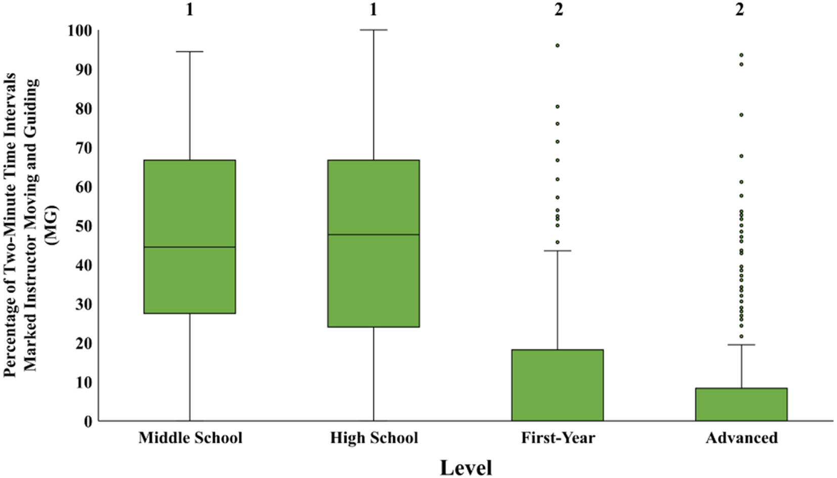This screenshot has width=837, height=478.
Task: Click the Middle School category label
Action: tap(190, 438)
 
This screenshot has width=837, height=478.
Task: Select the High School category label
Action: tap(374, 438)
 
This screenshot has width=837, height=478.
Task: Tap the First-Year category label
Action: tap(558, 438)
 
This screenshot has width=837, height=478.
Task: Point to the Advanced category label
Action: tap(741, 438)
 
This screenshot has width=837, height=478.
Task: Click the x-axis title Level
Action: tap(466, 467)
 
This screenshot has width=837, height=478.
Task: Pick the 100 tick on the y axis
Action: tap(80, 30)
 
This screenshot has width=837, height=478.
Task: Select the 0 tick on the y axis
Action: tap(88, 421)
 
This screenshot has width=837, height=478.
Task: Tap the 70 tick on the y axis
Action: tap(83, 148)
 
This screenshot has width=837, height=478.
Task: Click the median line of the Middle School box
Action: tap(190, 247)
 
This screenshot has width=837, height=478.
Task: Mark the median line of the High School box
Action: tap(373, 234)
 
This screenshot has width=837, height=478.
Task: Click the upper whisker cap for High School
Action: tap(373, 30)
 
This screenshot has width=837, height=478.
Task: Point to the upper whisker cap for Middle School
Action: tap(190, 52)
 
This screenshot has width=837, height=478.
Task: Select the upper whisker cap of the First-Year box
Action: tap(558, 250)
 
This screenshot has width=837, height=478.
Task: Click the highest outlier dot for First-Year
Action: tap(558, 46)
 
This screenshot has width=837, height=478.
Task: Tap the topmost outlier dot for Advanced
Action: tap(741, 55)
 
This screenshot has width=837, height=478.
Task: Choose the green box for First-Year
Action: tap(558, 385)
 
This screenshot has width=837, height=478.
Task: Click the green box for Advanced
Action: tap(741, 404)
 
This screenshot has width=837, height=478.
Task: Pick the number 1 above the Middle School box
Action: tap(190, 9)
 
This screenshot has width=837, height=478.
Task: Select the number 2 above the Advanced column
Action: tap(739, 9)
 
